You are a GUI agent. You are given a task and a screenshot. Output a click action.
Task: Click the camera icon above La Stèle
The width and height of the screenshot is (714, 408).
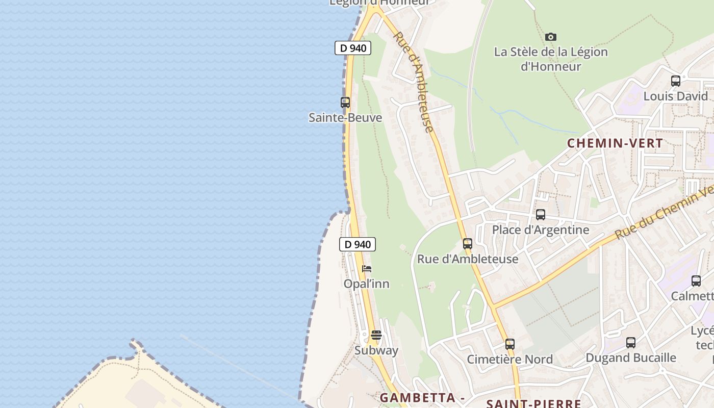pyautogui.click(x=550, y=37)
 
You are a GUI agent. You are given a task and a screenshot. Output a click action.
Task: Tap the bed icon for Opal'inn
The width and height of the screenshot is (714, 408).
pyautogui.click(x=367, y=269)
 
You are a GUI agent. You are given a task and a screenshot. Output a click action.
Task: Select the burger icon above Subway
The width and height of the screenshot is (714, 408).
pyautogui.click(x=376, y=335)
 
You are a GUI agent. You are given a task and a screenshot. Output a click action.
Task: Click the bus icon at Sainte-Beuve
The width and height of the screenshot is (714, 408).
pyautogui.click(x=345, y=103)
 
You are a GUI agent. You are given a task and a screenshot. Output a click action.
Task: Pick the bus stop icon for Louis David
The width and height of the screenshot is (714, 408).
pyautogui.click(x=676, y=81)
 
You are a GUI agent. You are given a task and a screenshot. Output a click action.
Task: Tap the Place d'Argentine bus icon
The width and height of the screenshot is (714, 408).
pyautogui.click(x=541, y=215)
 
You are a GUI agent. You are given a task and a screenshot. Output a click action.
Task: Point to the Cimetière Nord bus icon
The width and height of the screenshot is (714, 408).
pyautogui.click(x=510, y=344)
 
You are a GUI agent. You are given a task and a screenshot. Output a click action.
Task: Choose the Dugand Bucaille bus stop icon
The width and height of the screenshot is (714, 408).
pyautogui.click(x=631, y=343)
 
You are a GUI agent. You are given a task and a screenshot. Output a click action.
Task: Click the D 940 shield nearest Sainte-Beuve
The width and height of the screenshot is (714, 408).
pyautogui.click(x=353, y=48)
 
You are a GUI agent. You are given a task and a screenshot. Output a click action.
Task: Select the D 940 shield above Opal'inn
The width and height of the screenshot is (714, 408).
pyautogui.click(x=358, y=244)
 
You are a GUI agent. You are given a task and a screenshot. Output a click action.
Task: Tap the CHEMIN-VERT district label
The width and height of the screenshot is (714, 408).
pyautogui.click(x=615, y=143)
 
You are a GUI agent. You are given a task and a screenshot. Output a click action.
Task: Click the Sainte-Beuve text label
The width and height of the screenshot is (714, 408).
pyautogui.click(x=345, y=118)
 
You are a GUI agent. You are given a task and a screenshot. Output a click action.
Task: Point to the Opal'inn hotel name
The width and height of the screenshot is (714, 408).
pyautogui.click(x=367, y=284)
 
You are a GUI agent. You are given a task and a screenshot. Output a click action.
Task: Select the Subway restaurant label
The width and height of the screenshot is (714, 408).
pyautogui.click(x=376, y=350)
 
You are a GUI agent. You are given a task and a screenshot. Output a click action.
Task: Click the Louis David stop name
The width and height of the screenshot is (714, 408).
pyautogui.click(x=676, y=96)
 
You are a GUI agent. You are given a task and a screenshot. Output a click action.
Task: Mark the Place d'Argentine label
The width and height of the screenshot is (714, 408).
pyautogui.click(x=541, y=229)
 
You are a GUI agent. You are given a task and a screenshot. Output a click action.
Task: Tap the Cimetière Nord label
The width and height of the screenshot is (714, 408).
pyautogui.click(x=510, y=359)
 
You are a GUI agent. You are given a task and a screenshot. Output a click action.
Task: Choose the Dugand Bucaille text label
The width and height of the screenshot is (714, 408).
pyautogui.click(x=631, y=358)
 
